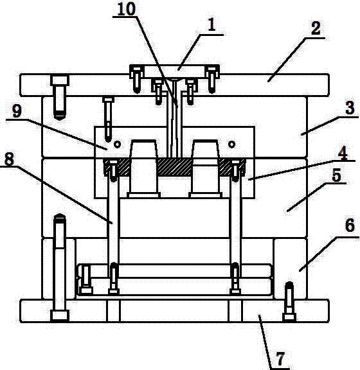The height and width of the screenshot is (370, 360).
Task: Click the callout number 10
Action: (127, 10)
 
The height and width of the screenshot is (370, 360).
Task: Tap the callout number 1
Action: (212, 24)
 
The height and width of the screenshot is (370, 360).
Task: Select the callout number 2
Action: (316, 28)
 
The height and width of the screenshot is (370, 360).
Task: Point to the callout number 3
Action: (350, 108)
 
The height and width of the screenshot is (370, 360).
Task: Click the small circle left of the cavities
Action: (118, 144)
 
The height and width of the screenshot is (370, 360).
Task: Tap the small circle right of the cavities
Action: (231, 144)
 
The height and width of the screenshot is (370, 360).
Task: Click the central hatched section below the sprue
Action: (174, 167)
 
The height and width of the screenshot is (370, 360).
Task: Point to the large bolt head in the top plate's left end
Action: (60, 80)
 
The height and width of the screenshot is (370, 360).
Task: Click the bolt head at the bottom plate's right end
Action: (289, 317)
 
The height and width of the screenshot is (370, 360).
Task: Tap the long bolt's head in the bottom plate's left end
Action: (60, 316)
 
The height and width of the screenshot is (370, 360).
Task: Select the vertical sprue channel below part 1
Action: (175, 118)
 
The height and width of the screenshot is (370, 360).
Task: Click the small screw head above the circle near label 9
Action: (108, 100)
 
